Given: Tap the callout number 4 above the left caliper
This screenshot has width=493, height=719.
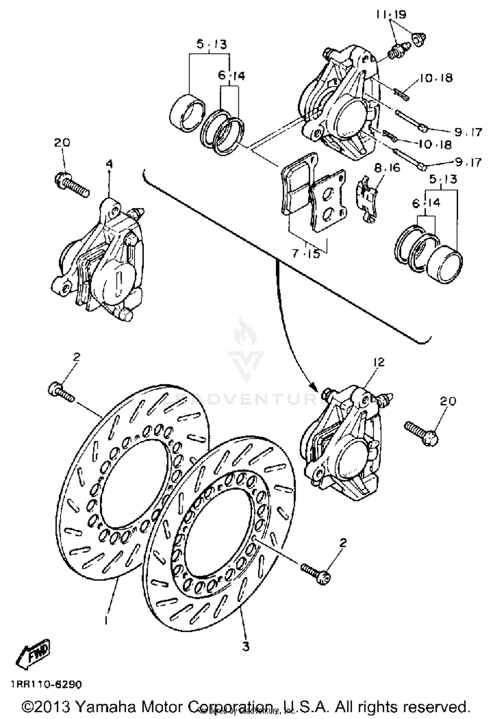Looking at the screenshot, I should point(109,164).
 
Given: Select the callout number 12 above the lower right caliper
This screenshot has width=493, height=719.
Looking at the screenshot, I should point(379,362).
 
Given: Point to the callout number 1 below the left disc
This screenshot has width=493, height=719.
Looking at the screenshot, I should point(106,620).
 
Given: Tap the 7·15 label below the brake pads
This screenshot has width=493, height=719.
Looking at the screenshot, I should point(306,254).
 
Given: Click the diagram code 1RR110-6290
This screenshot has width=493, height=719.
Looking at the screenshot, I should point(46,684).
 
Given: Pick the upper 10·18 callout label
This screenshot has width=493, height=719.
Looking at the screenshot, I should point(435,78).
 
